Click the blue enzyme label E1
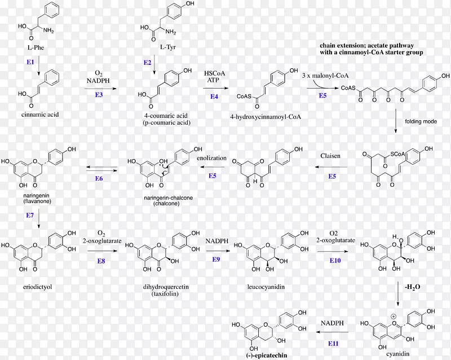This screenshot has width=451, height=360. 30,62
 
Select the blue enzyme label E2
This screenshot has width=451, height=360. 147,63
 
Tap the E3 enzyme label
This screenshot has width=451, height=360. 99,95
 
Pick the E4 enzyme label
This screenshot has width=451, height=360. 214,96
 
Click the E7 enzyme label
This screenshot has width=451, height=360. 30,215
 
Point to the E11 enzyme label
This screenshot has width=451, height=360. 333,344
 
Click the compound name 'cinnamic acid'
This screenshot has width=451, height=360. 40,115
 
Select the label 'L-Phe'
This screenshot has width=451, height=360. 36,47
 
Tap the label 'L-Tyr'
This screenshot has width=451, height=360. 167,47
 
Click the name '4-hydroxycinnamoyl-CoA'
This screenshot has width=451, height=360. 266,117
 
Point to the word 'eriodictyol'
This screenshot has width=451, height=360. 37,287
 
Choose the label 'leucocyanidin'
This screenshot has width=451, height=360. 266,287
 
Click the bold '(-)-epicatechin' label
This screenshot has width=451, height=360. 267,355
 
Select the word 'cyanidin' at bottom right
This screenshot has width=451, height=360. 398,354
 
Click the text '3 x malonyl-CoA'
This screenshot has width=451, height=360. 325,76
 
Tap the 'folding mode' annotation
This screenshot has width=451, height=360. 421,121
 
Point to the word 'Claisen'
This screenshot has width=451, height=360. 330,156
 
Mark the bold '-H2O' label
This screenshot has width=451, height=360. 413,287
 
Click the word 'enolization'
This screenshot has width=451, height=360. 212,158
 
